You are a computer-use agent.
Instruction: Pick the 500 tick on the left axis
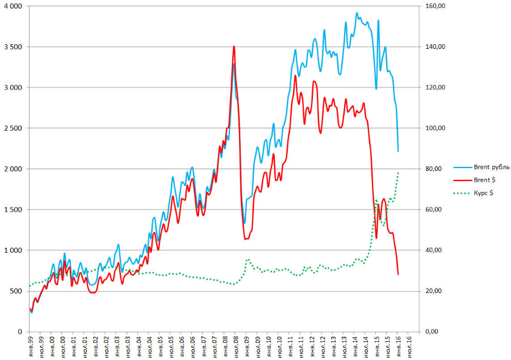click(16, 291)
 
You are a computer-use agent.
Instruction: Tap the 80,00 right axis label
click(435, 169)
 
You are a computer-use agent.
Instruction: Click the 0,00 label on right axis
click(433, 332)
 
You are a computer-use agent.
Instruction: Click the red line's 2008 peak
click(234, 47)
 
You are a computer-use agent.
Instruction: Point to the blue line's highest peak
click(357, 13)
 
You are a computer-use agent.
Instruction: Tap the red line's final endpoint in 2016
click(398, 274)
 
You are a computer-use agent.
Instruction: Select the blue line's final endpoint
click(398, 151)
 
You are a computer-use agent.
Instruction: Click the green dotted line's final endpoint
click(399, 172)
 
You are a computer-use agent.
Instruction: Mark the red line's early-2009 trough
click(245, 239)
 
